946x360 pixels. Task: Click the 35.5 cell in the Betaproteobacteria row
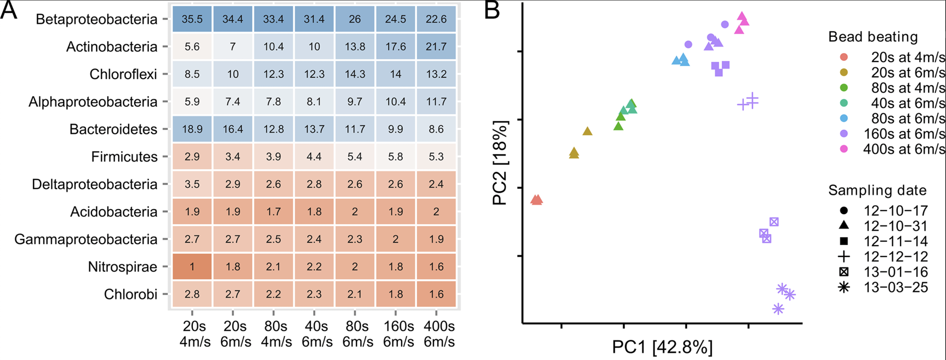[192, 19]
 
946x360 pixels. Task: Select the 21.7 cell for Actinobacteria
[436, 47]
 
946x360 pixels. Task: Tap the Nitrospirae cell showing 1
[192, 267]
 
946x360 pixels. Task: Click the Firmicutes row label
[124, 157]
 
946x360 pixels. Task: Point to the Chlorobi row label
[130, 294]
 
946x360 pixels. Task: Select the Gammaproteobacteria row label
[86, 239]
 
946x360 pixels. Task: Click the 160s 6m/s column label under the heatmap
[398, 334]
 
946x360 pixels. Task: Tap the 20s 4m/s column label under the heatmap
[195, 334]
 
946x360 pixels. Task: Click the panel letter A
[9, 10]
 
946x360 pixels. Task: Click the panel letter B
[492, 10]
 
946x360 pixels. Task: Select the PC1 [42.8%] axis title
[662, 347]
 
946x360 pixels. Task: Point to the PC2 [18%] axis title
[500, 163]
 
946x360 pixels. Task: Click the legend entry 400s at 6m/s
[904, 149]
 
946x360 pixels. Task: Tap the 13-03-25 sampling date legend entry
[896, 287]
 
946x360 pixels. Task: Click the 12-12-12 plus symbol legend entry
[896, 256]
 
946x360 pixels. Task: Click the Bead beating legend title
[873, 37]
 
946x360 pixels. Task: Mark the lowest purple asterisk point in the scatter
[778, 309]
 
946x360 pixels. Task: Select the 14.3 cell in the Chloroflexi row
[355, 74]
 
